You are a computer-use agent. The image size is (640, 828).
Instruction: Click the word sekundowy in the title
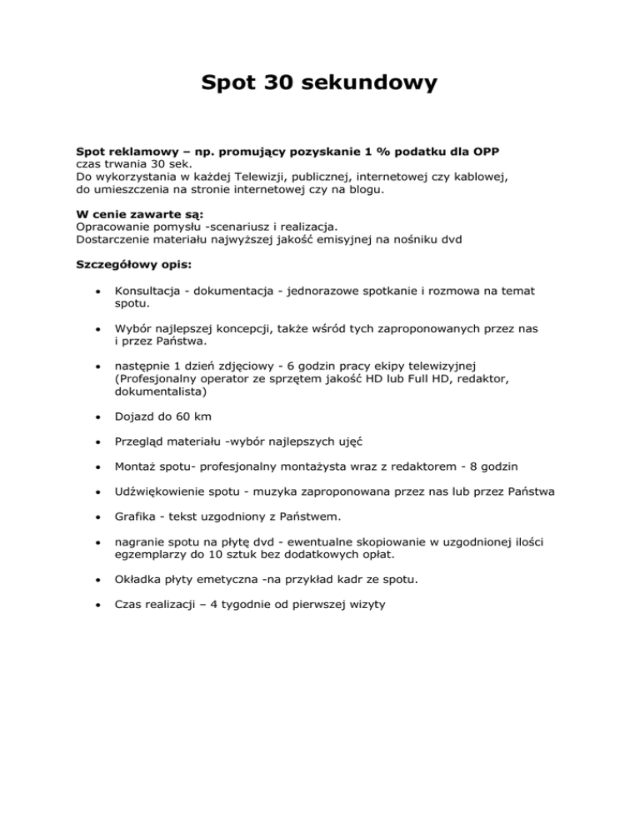pyautogui.click(x=357, y=83)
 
